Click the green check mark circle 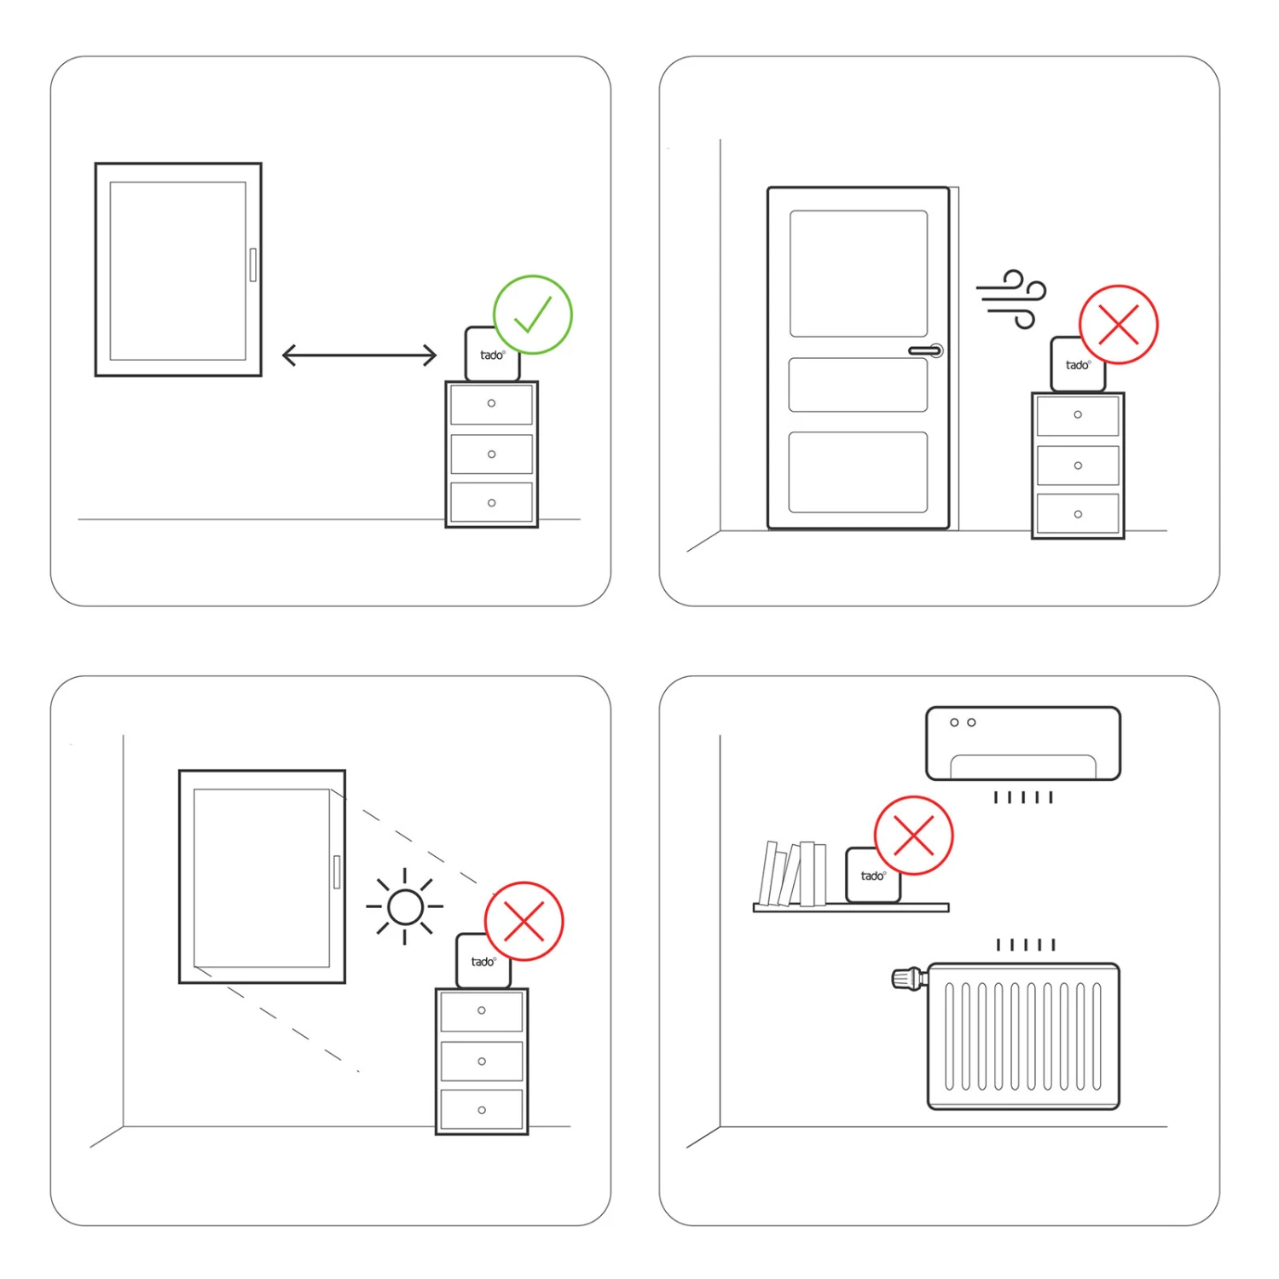533,315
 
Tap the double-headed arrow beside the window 359,356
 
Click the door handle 926,350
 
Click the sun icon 405,906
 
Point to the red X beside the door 1119,325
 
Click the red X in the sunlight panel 524,922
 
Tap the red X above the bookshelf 914,836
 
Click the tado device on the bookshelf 872,876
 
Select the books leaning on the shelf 793,874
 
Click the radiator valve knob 906,978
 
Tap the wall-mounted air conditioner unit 1023,744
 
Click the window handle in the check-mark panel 252,264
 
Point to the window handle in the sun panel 337,871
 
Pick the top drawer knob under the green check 491,403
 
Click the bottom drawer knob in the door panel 1078,514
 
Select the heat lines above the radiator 1026,945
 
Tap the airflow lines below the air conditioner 1023,797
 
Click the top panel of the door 858,274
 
